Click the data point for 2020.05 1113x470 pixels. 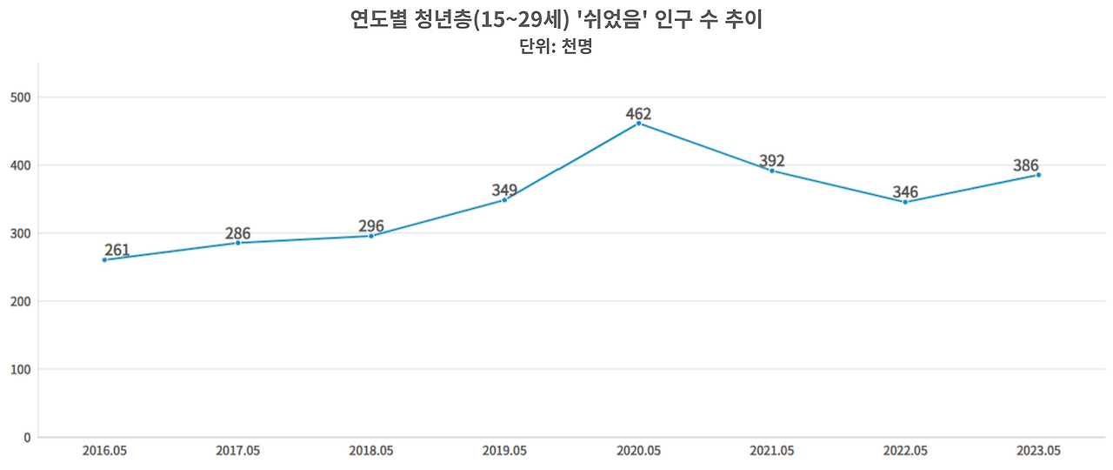click(638, 124)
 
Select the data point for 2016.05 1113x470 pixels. click(104, 259)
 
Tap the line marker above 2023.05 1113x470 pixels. click(1038, 175)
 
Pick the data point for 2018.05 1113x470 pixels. click(371, 236)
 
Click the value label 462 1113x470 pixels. click(638, 114)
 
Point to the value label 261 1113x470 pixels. click(117, 251)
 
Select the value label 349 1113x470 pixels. click(504, 191)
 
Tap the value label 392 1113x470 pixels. click(771, 161)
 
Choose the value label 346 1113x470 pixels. click(905, 192)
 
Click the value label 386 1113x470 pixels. click(1026, 165)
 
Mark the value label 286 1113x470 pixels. click(237, 233)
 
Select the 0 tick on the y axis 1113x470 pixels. click(27, 437)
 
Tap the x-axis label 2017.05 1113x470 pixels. click(237, 451)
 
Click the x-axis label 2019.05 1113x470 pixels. click(504, 451)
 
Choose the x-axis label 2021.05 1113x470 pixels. click(771, 451)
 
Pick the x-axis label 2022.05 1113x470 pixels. click(905, 451)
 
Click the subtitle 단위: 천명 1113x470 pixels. click(556, 47)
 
